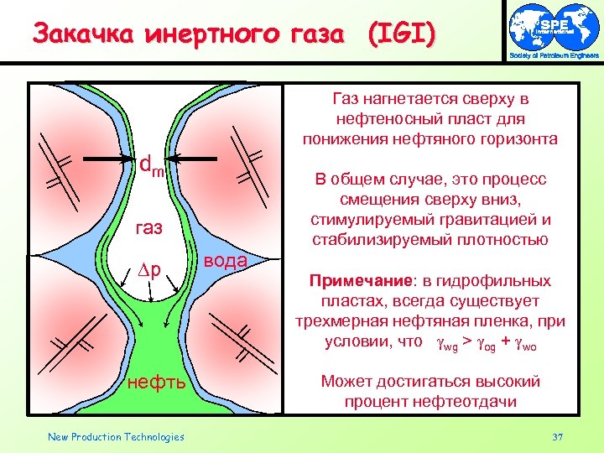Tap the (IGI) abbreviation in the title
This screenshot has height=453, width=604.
(x=401, y=34)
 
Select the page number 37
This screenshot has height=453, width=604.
(x=558, y=436)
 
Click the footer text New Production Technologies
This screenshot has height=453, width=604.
(x=116, y=436)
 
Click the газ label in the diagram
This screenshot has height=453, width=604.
(x=151, y=227)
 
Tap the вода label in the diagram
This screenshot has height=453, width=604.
(x=225, y=260)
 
